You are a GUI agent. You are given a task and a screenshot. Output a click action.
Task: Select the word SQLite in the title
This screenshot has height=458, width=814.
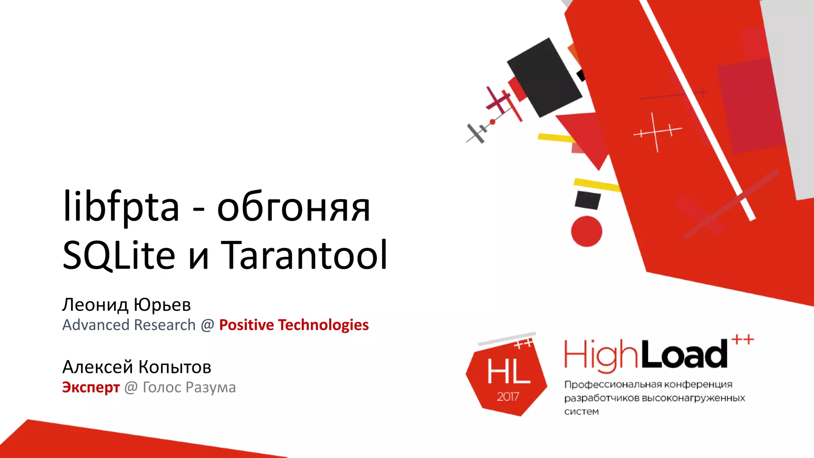[119, 255]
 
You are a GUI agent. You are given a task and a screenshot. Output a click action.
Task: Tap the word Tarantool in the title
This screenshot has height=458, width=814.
[304, 255]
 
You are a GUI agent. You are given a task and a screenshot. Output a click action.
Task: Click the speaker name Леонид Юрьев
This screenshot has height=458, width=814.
[126, 305]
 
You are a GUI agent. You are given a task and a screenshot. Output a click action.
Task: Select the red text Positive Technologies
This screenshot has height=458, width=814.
[294, 325]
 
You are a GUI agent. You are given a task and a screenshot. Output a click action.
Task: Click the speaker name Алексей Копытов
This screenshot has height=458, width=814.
[137, 367]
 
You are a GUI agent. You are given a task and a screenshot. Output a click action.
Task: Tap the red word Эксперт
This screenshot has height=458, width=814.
[91, 387]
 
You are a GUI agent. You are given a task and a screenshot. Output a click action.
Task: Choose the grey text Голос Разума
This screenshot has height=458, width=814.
[189, 387]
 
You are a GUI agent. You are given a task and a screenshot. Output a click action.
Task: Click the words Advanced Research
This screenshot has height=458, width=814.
[129, 325]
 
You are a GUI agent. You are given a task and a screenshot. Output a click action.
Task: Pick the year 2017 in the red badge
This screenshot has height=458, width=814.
[508, 396]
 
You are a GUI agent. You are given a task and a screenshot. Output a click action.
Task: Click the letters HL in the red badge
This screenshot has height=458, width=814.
[508, 372]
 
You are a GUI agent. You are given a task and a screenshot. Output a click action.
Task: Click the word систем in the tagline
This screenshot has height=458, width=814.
[581, 412]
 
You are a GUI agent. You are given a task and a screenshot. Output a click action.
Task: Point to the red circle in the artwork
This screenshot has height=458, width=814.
[586, 231]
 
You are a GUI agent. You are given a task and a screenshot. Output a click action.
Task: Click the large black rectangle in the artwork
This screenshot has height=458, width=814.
[545, 78]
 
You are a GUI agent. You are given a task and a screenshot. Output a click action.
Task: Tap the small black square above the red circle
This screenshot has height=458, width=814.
[587, 200]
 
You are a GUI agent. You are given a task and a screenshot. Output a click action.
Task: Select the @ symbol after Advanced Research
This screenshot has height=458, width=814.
[207, 325]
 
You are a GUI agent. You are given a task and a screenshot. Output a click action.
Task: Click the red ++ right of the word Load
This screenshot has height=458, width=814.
[742, 340]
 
